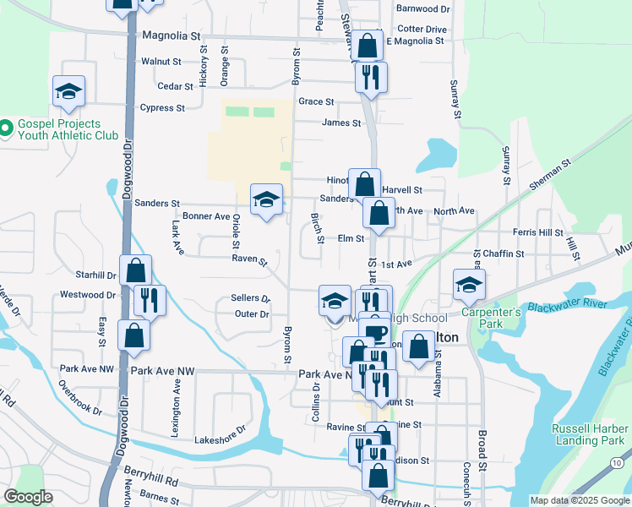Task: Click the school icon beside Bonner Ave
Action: point(266,199)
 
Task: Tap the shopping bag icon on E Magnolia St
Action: point(368,46)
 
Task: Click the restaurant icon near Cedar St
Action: point(371,78)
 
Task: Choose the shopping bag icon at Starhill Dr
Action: point(135,270)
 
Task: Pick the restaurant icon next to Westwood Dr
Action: point(150,300)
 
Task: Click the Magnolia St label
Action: point(171,36)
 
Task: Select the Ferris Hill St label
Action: point(537,232)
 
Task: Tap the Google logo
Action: point(28,497)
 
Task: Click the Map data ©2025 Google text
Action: point(579,499)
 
